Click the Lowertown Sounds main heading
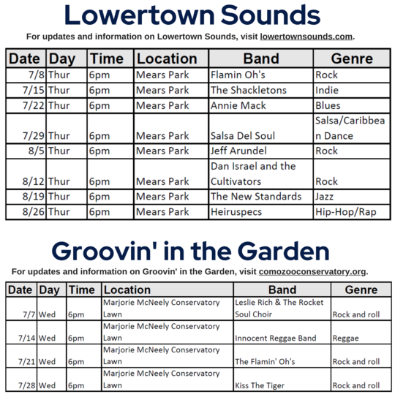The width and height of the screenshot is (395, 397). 192,15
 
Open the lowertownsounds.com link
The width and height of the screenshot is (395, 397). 307,36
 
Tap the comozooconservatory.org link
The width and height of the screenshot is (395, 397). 312,271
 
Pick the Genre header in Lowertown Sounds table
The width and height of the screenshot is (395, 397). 352,58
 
